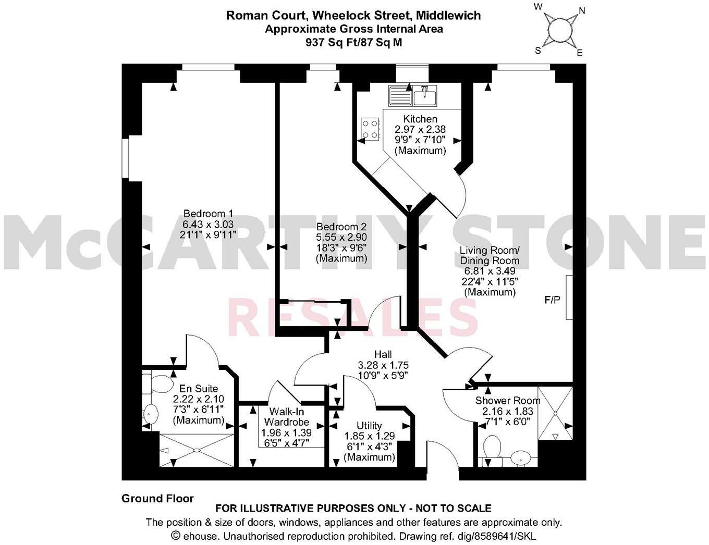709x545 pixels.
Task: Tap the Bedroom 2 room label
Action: coord(341,227)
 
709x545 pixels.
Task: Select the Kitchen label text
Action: coord(420,119)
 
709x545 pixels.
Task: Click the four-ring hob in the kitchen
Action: coord(370,129)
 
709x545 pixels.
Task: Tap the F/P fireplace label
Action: coord(552,300)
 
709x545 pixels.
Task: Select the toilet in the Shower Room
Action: coord(492,448)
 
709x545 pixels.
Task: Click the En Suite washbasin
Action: coord(151,414)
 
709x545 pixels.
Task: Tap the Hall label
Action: coord(383,355)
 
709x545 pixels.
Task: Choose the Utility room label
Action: coord(369,426)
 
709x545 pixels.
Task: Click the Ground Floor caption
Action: coord(157,499)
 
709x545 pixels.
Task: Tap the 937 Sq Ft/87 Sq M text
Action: coord(353,43)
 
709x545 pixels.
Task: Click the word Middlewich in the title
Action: coord(451,16)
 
